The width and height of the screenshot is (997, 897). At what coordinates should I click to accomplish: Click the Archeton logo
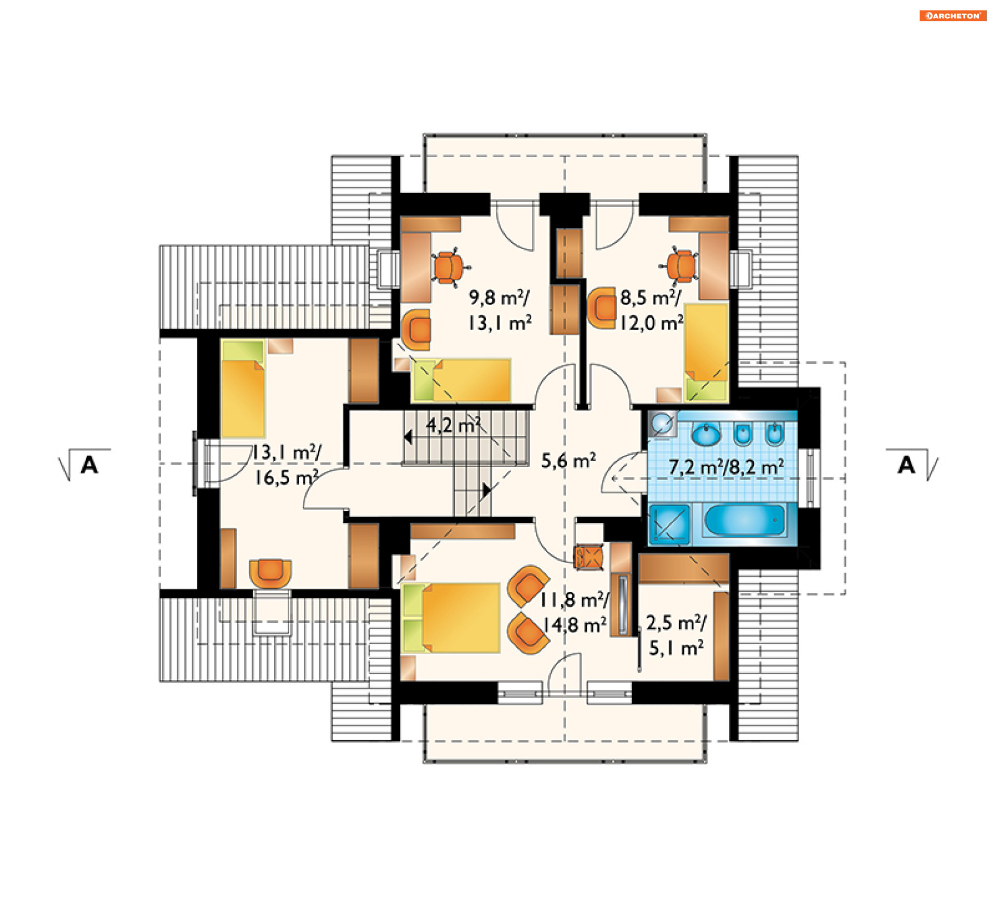point(952,16)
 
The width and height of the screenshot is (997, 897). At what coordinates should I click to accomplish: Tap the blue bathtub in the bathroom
point(745,520)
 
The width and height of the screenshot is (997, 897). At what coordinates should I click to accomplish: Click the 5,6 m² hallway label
point(569,461)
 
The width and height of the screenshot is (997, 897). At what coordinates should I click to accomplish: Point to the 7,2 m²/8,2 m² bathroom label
point(726,467)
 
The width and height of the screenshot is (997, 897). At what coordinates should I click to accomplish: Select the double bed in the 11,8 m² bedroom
point(451,618)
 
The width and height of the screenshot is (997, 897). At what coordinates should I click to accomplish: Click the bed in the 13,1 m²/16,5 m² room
point(243,389)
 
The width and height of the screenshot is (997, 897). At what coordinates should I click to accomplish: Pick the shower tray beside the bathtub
point(669,524)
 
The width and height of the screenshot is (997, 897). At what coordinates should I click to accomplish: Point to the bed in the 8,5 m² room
point(706,352)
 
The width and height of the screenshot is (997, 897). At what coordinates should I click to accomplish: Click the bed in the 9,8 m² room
point(461,380)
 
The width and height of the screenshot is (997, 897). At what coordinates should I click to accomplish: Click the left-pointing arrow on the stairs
point(408,437)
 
